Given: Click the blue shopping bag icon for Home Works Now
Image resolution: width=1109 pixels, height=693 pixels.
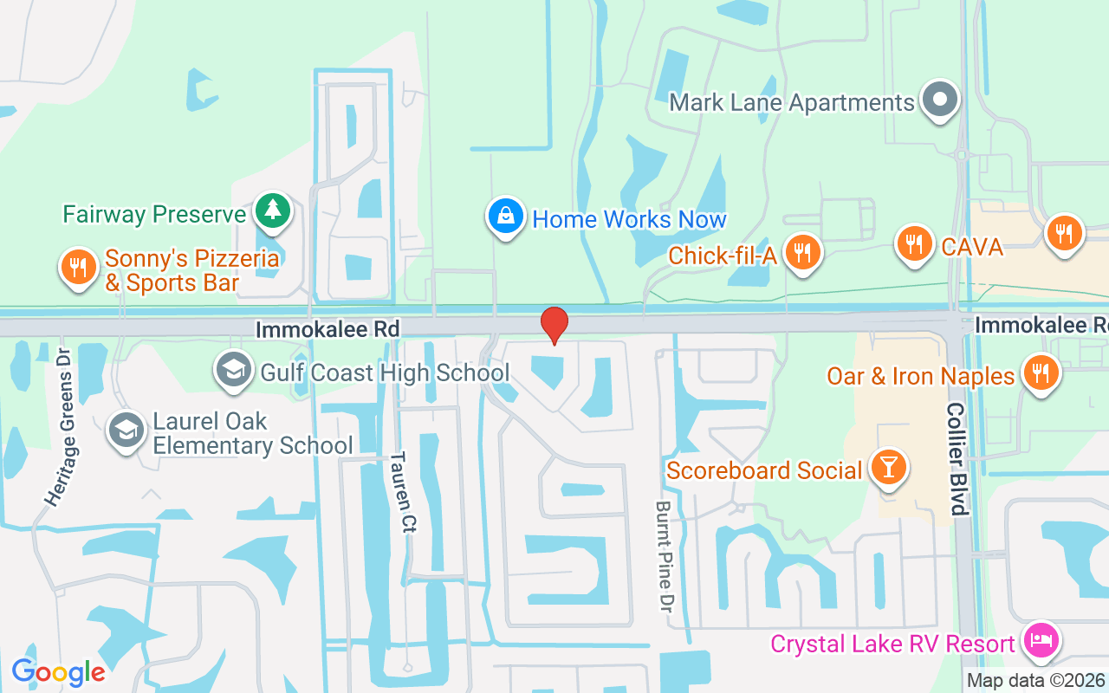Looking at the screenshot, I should pyautogui.click(x=503, y=217).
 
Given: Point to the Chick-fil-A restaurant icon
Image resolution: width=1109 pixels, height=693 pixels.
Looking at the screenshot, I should pyautogui.click(x=803, y=252).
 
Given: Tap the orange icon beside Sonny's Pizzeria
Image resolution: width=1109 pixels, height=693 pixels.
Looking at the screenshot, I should pyautogui.click(x=78, y=267).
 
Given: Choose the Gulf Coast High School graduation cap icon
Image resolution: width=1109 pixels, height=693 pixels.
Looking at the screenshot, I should pyautogui.click(x=233, y=370).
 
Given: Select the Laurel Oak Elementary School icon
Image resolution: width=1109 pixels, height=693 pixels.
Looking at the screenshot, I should pyautogui.click(x=126, y=431).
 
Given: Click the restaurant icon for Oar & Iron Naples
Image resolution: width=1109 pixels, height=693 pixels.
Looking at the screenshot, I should pyautogui.click(x=1041, y=372).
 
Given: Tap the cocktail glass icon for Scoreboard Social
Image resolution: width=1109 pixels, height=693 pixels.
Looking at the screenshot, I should pyautogui.click(x=888, y=468).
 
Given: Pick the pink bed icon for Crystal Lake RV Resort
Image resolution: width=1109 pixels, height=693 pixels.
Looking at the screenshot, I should pyautogui.click(x=1041, y=642).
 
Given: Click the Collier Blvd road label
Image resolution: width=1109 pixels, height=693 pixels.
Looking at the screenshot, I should pyautogui.click(x=957, y=458).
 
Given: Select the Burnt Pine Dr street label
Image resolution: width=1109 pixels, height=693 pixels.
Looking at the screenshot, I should pyautogui.click(x=665, y=554).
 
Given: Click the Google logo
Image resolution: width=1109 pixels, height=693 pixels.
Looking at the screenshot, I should pyautogui.click(x=58, y=671).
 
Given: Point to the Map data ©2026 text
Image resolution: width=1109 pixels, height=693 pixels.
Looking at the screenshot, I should pyautogui.click(x=1035, y=681).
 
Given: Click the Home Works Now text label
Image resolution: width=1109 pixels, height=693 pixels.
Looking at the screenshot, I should pyautogui.click(x=629, y=219).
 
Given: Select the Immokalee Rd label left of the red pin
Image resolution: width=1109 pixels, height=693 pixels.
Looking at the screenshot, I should pyautogui.click(x=328, y=329).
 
